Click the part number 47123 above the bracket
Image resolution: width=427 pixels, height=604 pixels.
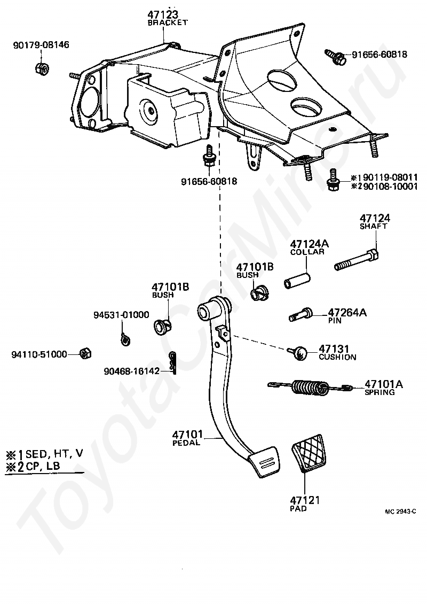tap(163, 14)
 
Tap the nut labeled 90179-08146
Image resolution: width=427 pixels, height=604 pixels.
tap(42, 69)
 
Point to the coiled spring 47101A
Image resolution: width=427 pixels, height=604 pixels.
tap(310, 387)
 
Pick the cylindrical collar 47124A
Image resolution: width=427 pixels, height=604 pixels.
tap(297, 280)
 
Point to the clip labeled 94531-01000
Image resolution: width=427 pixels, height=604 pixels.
tap(124, 338)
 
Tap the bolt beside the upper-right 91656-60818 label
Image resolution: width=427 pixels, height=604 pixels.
tap(335, 56)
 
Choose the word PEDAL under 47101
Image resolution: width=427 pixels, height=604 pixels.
tap(186, 443)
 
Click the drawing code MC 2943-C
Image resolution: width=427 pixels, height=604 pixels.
tap(400, 512)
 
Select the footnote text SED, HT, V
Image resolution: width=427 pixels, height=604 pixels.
tap(54, 453)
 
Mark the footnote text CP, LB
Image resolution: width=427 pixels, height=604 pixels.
tap(43, 466)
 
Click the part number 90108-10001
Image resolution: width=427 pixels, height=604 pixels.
tap(390, 187)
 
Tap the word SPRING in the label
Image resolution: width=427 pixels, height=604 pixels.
tap(379, 392)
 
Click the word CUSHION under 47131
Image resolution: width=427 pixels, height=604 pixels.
tap(337, 357)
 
